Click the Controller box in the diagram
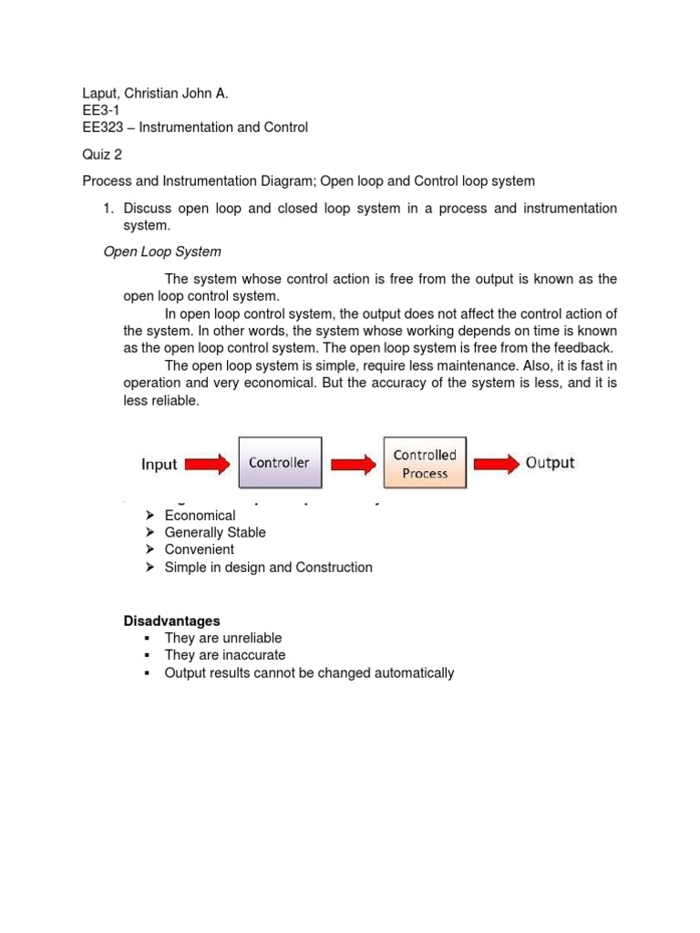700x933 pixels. point(279,464)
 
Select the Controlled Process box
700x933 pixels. point(425,464)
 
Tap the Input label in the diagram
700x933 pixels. point(159,465)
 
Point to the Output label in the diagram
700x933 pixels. point(550,463)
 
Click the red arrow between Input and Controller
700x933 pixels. point(207,465)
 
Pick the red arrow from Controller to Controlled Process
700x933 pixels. point(353,465)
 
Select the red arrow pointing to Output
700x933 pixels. point(496,465)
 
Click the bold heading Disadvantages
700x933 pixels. point(171,621)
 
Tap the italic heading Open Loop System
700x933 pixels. point(162,251)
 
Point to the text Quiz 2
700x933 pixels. point(102,155)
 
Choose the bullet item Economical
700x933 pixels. point(200,516)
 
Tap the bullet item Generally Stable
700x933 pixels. point(215,533)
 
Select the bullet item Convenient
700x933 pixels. point(199,549)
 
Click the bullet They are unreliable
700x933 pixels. point(223,639)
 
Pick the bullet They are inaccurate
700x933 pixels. point(224,655)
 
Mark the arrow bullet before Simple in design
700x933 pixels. point(150,568)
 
